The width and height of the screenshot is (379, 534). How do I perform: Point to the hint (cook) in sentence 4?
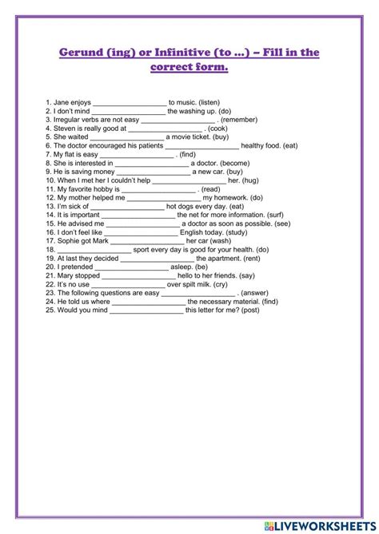221,129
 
